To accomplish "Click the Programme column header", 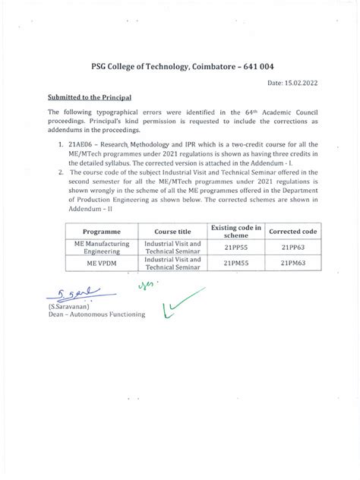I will pyautogui.click(x=99, y=230).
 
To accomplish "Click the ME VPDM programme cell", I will pyautogui.click(x=99, y=263).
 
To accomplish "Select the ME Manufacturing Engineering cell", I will pyautogui.click(x=99, y=247).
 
